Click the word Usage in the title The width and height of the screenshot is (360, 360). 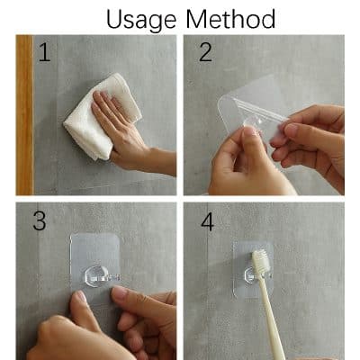pos(143,18)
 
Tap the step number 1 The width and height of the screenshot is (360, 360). pos(44,54)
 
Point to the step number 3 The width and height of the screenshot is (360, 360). pos(38,221)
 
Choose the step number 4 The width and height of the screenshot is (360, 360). pos(207,221)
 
